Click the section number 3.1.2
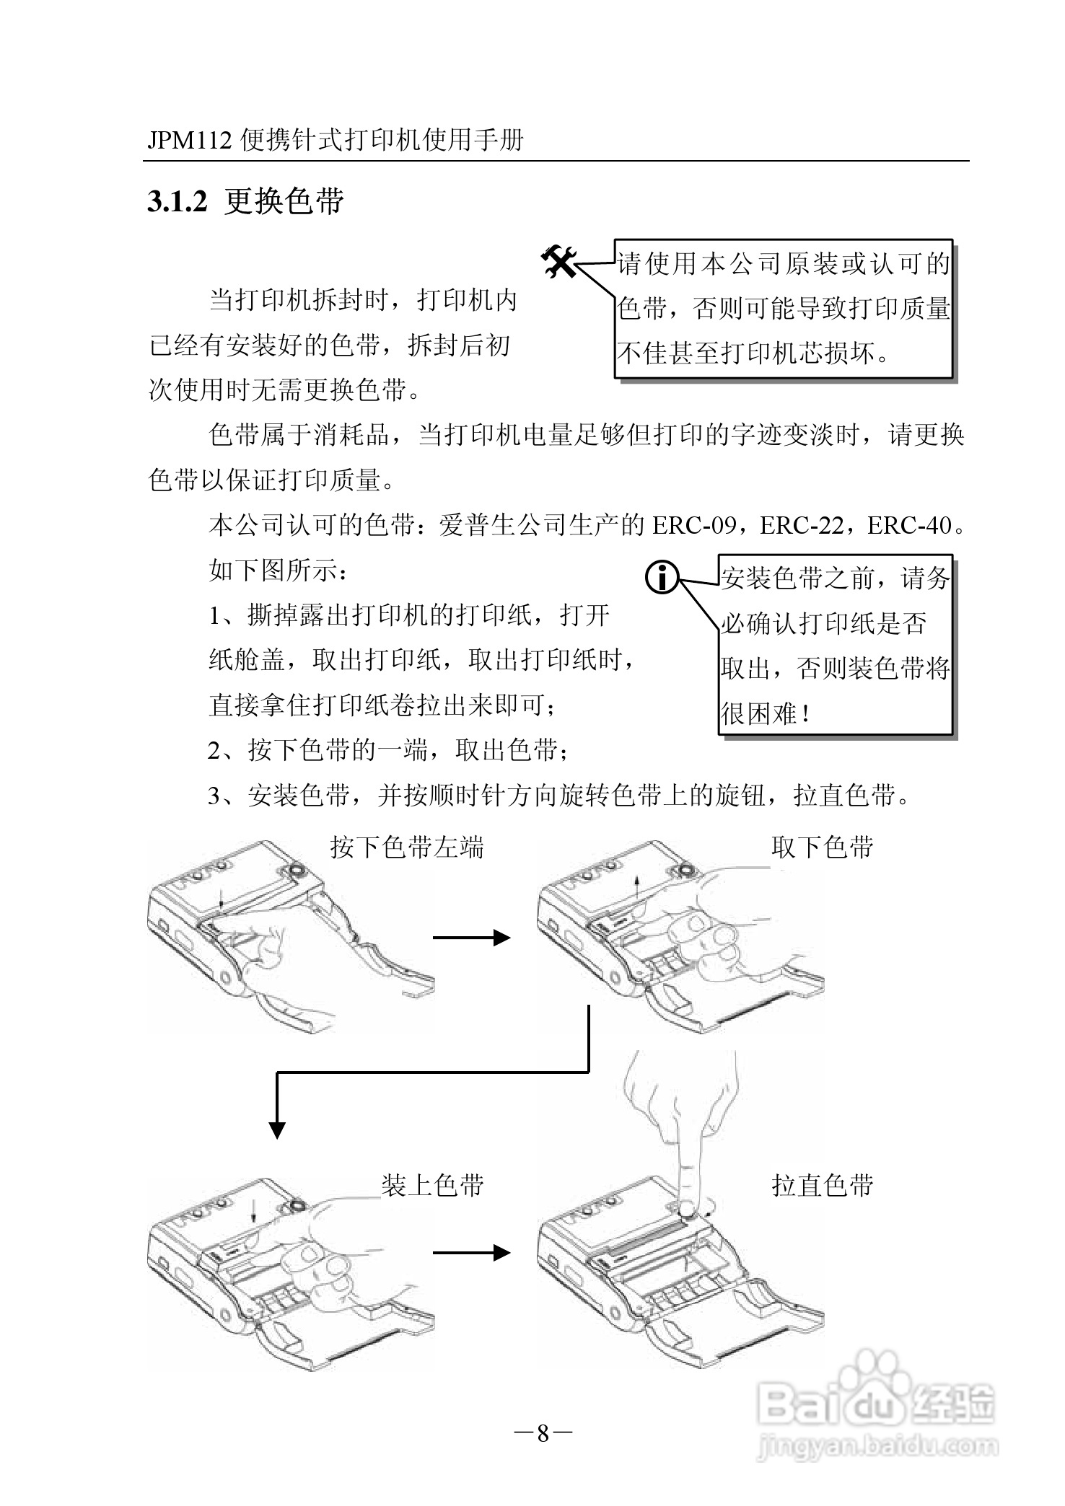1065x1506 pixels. pos(177,203)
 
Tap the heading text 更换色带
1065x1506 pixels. pos(284,202)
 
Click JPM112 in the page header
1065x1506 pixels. pos(190,140)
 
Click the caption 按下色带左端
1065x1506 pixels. pos(407,847)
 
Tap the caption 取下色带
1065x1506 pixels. pos(823,847)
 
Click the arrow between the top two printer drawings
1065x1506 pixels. pos(472,937)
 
